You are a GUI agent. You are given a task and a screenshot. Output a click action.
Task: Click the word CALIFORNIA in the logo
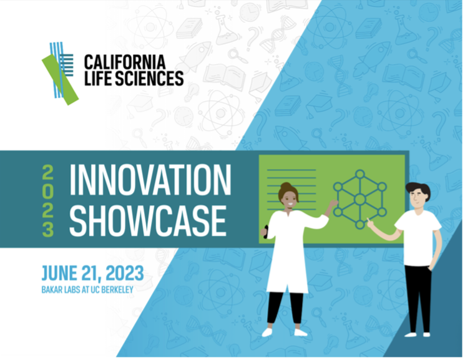tap(125, 62)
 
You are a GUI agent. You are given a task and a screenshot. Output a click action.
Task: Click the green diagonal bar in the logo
tap(60, 79)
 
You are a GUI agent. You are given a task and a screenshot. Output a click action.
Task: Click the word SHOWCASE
tap(148, 220)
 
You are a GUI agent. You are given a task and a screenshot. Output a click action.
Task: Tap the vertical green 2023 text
tap(47, 201)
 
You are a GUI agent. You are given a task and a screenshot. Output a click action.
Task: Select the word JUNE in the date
tap(59, 273)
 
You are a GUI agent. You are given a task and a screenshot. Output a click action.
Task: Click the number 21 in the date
tap(91, 273)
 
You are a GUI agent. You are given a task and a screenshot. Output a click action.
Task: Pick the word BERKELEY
tap(117, 289)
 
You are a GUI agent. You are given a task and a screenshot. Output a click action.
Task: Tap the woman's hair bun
tap(286, 187)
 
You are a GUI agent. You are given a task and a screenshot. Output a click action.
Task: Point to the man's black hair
tap(418, 191)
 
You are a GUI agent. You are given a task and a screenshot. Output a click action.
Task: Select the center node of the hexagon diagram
tap(360, 199)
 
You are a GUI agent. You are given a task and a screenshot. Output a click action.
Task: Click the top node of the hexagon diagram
tap(360, 174)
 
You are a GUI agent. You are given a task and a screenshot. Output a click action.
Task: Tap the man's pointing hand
tap(371, 223)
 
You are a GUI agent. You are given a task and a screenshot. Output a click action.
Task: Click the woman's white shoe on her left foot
tap(301, 332)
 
